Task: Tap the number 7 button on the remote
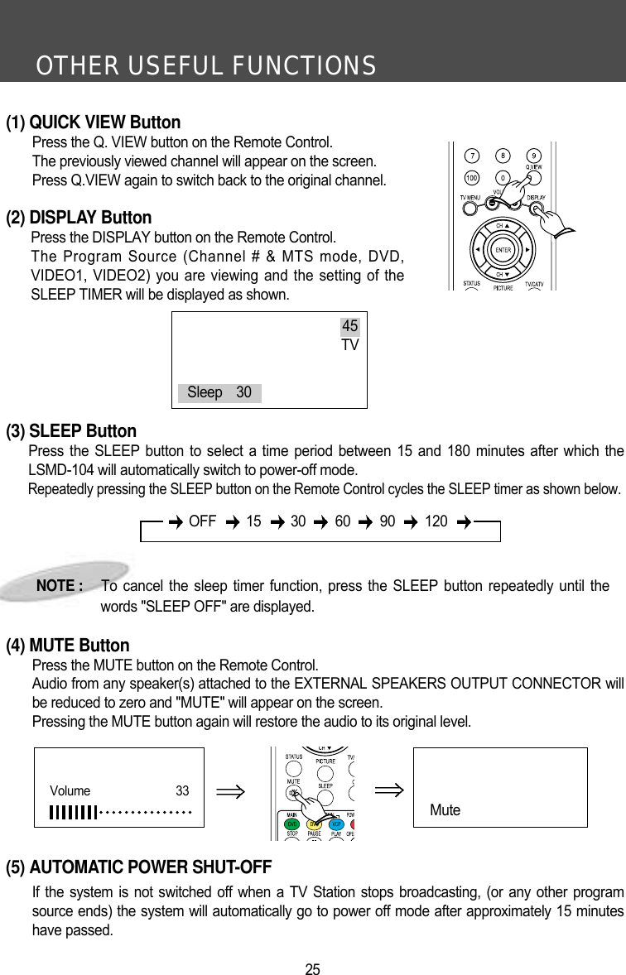pyautogui.click(x=472, y=156)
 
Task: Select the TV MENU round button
pyautogui.click(x=471, y=209)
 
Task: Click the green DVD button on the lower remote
pyautogui.click(x=292, y=824)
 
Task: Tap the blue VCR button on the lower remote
pyautogui.click(x=336, y=824)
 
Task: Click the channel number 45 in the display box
pyautogui.click(x=350, y=327)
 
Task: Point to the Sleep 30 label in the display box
pyautogui.click(x=219, y=392)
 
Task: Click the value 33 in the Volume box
pyautogui.click(x=182, y=790)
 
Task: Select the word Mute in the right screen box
pyautogui.click(x=445, y=810)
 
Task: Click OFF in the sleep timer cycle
pyautogui.click(x=203, y=521)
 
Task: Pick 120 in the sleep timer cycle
pyautogui.click(x=436, y=521)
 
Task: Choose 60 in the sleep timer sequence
pyautogui.click(x=342, y=521)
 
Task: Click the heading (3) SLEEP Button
pyautogui.click(x=71, y=431)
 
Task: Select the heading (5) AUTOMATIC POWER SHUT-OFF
pyautogui.click(x=139, y=867)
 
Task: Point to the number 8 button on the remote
pyautogui.click(x=503, y=156)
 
